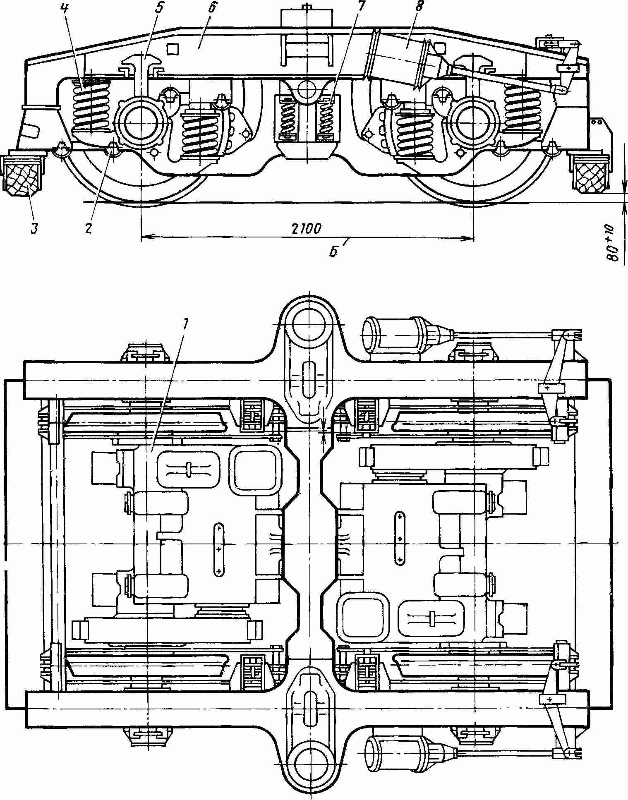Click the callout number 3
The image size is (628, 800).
tap(34, 228)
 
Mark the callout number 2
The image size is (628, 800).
tap(88, 228)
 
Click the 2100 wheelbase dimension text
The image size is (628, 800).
tap(307, 228)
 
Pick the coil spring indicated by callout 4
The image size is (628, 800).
tap(91, 106)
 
